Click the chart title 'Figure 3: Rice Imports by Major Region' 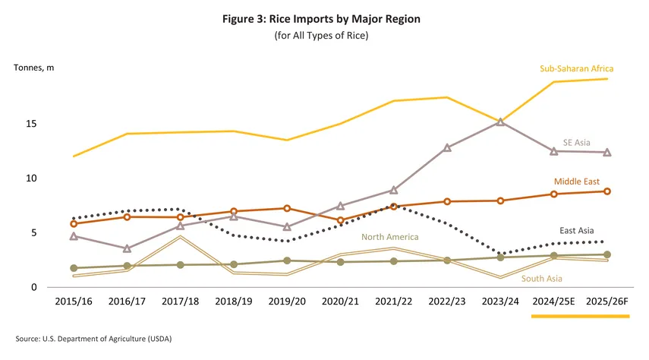(x=324, y=18)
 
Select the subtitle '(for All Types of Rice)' (x=324, y=36)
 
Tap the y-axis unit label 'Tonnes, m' (x=34, y=68)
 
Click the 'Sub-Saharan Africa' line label (x=576, y=69)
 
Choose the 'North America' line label (x=389, y=237)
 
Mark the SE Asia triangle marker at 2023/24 (x=500, y=122)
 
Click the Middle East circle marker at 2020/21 (x=340, y=220)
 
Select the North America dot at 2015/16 (x=74, y=268)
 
